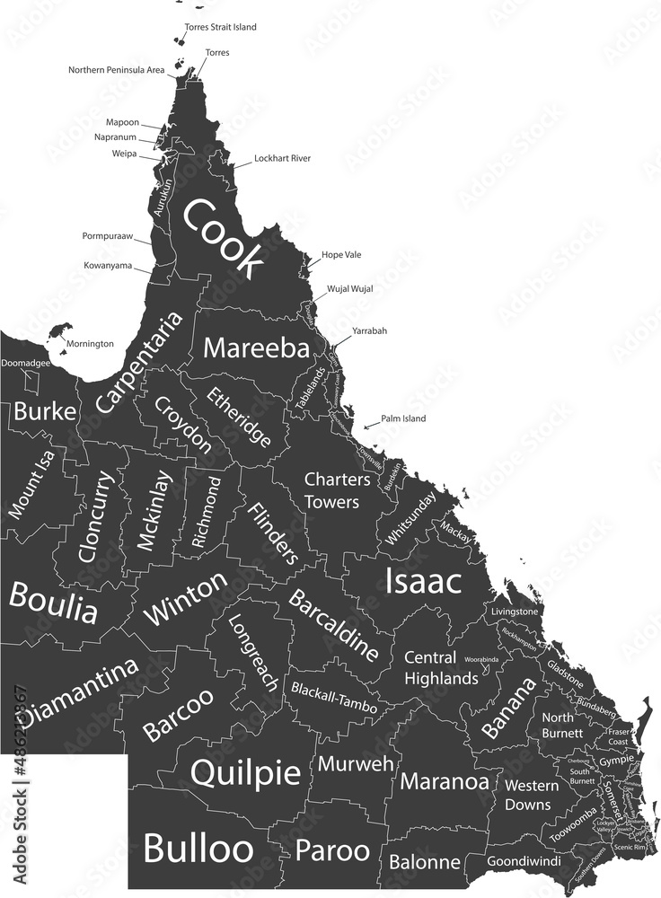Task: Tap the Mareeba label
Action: click(256, 348)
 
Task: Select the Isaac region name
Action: click(423, 581)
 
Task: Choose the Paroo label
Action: click(332, 850)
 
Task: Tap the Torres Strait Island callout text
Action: click(220, 27)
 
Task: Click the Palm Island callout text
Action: click(402, 418)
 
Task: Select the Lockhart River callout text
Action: click(282, 158)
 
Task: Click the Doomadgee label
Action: click(25, 364)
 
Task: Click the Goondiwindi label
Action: click(524, 861)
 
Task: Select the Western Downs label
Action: click(530, 795)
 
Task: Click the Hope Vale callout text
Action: click(341, 255)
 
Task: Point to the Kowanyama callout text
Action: click(108, 266)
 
